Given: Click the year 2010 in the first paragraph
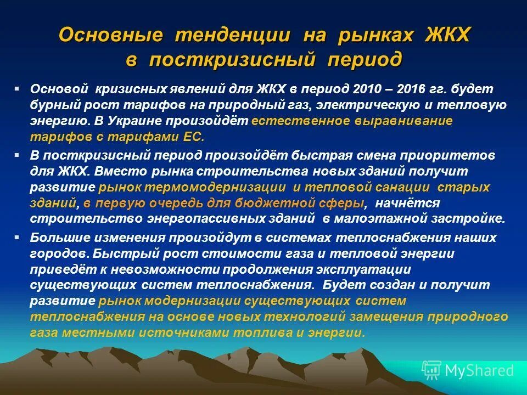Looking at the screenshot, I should (370, 89).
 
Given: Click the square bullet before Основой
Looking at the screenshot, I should (17, 88).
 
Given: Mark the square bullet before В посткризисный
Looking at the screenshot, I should (17, 155).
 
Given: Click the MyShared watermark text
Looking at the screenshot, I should (479, 370).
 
